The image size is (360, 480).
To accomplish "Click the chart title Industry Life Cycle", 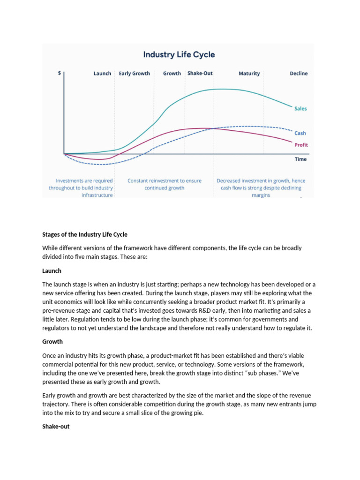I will [x=179, y=54].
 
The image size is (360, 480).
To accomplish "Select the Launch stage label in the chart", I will [x=102, y=74].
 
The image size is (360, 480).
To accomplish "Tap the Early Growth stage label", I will [x=134, y=74].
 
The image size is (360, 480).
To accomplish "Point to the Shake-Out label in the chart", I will [x=200, y=74].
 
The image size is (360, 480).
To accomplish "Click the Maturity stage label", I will [x=249, y=74].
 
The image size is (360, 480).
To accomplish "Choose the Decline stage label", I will [x=299, y=74].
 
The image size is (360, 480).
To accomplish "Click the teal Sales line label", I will [x=300, y=109].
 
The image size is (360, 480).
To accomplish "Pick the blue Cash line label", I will [x=300, y=133].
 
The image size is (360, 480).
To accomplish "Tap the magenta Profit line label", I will [x=301, y=145].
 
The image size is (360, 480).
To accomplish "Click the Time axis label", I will [x=301, y=159].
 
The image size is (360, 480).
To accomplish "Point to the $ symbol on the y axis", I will [x=59, y=74].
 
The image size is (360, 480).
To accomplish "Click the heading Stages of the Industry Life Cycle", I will [x=85, y=234].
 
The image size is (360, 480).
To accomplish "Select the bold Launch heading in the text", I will [x=52, y=271].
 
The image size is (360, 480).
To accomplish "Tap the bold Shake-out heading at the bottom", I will [x=56, y=427].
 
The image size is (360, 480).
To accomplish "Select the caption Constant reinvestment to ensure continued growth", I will [x=165, y=184].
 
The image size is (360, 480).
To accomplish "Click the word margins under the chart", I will [x=261, y=195].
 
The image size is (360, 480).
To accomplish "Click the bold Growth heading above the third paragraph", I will [x=52, y=342].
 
